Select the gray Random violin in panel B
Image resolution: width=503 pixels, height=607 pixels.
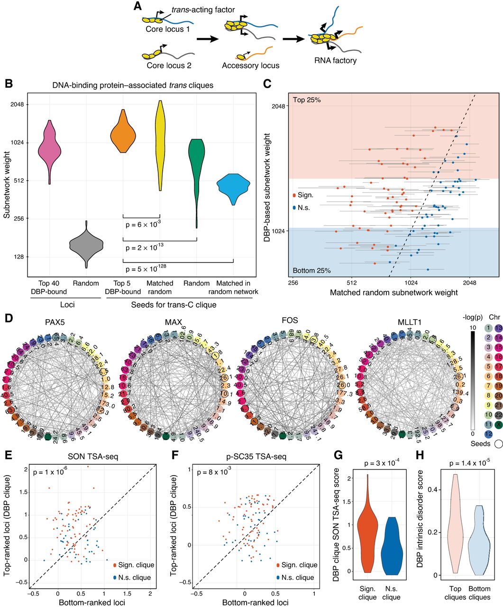tap(86, 245)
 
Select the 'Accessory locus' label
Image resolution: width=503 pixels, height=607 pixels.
tap(250, 66)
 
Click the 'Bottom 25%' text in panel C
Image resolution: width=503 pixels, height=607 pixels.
tap(311, 271)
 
